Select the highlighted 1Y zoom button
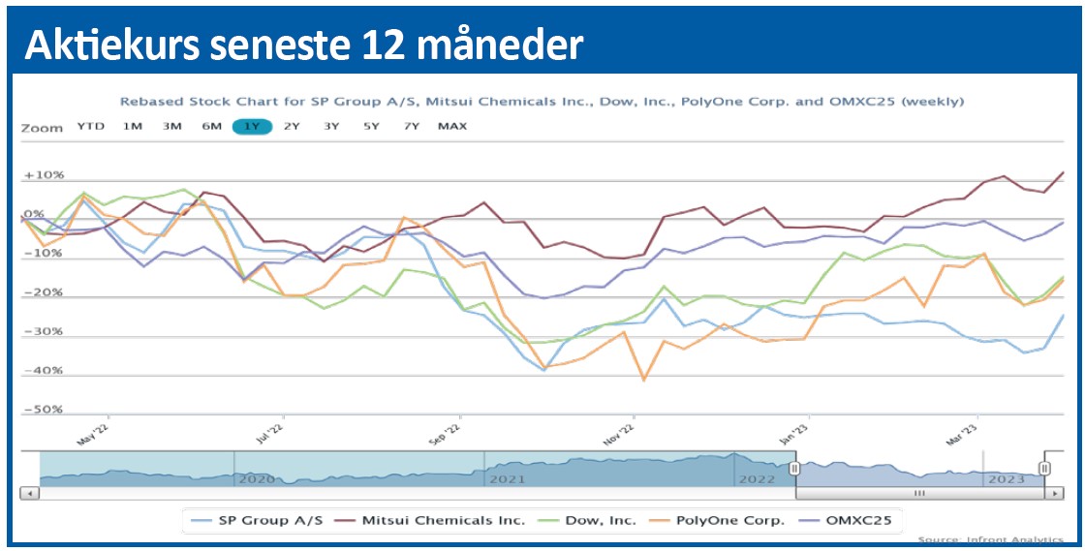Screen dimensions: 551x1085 252,126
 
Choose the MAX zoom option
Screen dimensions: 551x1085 451,126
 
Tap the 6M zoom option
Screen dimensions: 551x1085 212,126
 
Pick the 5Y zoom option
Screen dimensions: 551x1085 371,126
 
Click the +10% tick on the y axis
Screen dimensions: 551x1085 45,175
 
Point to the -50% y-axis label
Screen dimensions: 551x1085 45,410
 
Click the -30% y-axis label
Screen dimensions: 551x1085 45,331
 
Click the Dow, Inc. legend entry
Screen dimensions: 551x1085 602,520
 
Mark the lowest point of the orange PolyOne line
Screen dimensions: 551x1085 643,380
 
